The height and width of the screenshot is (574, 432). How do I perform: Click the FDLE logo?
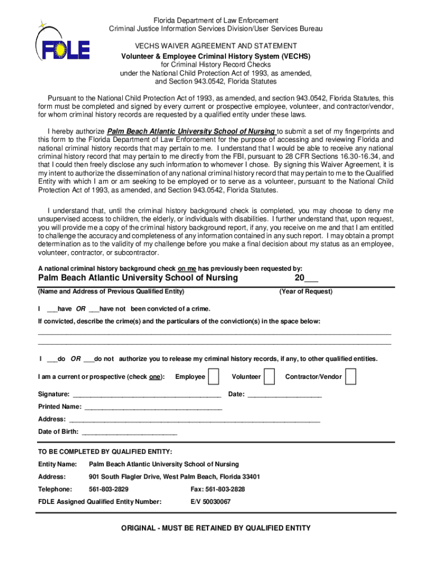[x=62, y=45]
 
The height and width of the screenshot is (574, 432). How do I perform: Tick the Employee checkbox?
[x=213, y=377]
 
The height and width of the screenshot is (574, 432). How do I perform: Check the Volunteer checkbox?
[x=269, y=377]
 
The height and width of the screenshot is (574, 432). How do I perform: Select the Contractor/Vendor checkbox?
[x=351, y=377]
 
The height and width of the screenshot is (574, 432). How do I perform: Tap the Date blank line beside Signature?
[x=284, y=395]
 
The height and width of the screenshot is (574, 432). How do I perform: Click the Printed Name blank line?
[x=153, y=408]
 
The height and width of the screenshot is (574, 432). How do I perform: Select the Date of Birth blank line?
[x=129, y=433]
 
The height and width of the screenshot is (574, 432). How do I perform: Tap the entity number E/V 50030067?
[x=210, y=502]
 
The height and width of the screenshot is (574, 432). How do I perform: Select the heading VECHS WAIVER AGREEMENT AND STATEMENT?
[x=216, y=45]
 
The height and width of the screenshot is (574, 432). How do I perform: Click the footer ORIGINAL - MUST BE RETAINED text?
[x=216, y=528]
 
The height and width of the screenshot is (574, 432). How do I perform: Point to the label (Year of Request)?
[x=306, y=291]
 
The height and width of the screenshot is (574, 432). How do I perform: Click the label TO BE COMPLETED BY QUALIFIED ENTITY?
[x=105, y=452]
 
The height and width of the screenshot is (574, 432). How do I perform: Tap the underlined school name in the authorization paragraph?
[x=191, y=132]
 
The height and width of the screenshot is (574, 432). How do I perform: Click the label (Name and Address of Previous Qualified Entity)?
[x=111, y=291]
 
